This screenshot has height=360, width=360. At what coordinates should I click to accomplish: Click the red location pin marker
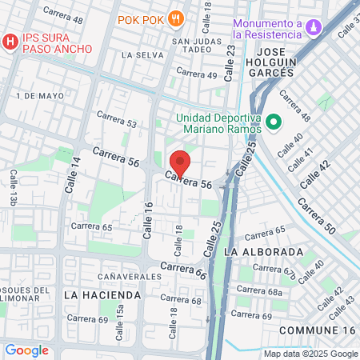point(181,163)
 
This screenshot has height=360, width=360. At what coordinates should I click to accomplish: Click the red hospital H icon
point(10,41)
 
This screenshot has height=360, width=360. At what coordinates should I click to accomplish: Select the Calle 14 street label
point(76,171)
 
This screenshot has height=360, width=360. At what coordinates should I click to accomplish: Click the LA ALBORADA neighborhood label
point(264,251)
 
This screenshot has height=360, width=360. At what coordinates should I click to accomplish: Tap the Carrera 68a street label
point(265,293)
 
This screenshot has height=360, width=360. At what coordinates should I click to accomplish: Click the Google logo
point(26,350)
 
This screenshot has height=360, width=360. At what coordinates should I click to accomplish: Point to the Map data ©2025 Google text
point(311,354)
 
